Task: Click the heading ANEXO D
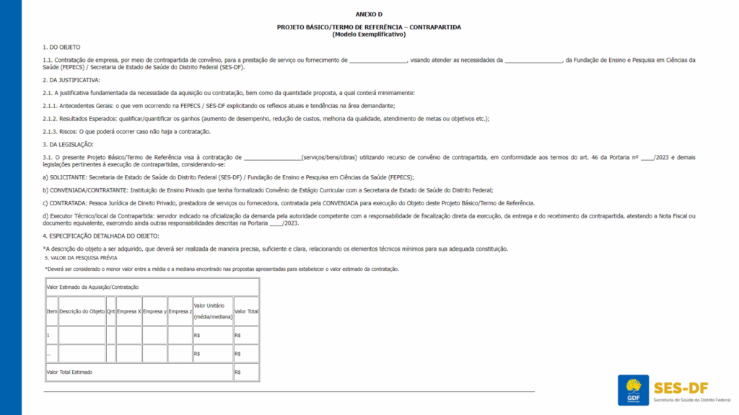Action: [x=369, y=14]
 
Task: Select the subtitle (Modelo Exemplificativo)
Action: [x=369, y=34]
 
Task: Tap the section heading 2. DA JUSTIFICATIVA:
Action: [x=71, y=79]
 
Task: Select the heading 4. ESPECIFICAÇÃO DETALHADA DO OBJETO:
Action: [x=100, y=236]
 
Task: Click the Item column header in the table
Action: [x=51, y=311]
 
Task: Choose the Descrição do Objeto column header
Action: [x=82, y=311]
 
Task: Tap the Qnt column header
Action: [x=110, y=311]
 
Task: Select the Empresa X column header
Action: [x=128, y=311]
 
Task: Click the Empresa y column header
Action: [x=154, y=311]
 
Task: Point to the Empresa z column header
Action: [x=180, y=311]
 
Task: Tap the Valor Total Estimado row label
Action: [x=69, y=372]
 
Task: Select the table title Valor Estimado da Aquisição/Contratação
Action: [x=92, y=287]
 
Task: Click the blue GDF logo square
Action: [x=634, y=390]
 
